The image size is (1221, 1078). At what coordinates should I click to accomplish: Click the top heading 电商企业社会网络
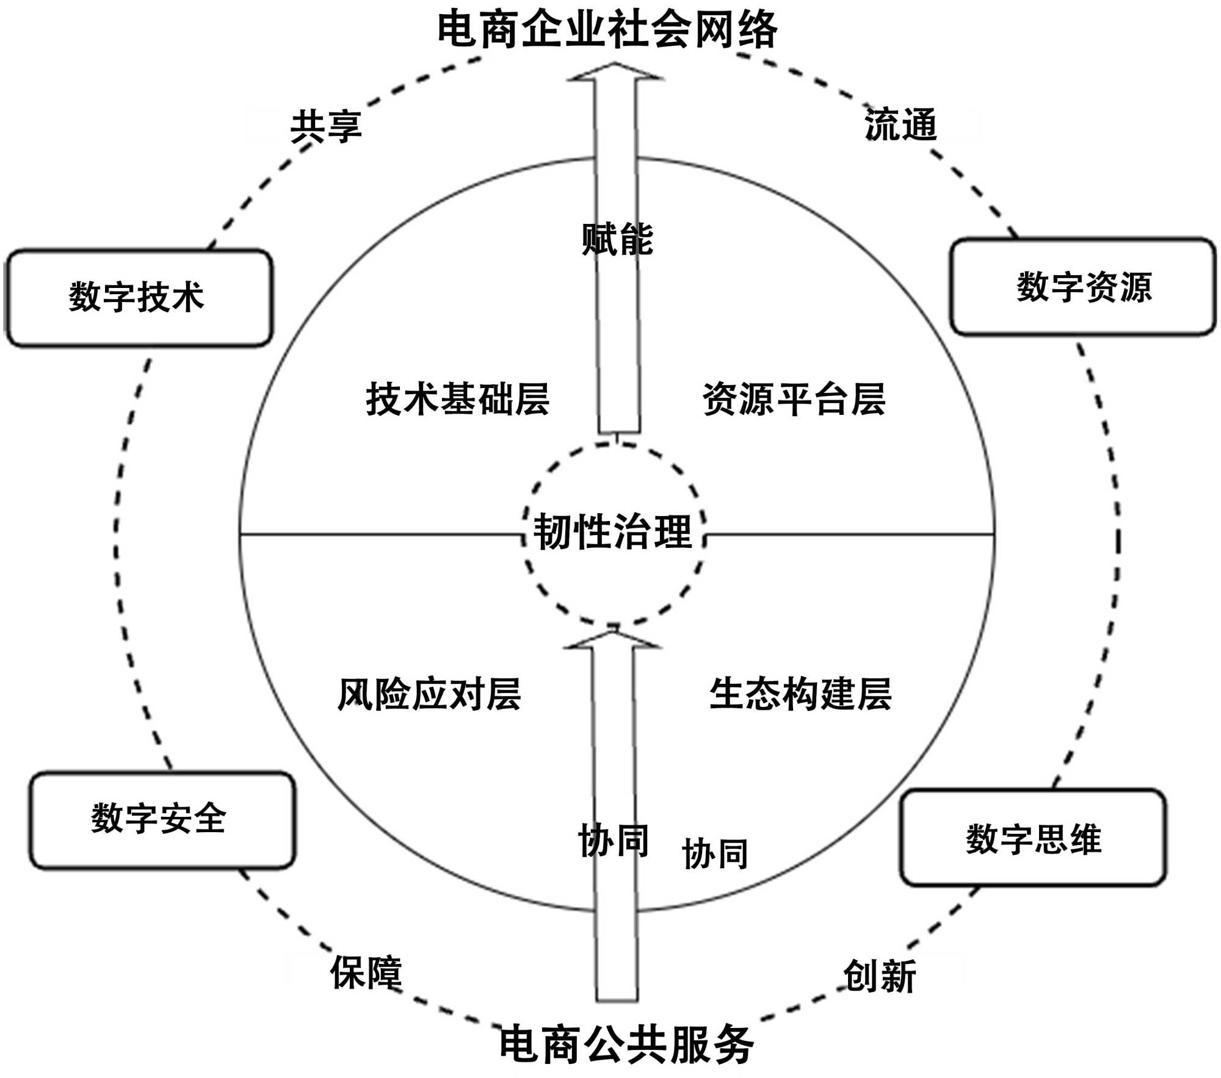point(607,29)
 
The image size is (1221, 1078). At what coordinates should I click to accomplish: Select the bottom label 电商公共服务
point(626,1044)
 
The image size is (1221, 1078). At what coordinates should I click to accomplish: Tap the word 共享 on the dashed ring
point(326,126)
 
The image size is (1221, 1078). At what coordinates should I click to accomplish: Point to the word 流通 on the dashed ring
point(900,124)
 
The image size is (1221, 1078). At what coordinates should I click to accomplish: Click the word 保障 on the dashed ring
point(366,972)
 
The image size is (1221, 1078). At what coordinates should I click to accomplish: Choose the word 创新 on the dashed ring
point(880,976)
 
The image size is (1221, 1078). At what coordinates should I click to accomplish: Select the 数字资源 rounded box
point(1083,287)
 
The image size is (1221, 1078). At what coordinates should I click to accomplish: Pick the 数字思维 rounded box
point(1033,839)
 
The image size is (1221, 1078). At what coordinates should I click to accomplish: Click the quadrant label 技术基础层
point(457,400)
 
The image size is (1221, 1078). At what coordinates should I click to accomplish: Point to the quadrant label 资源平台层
point(794,400)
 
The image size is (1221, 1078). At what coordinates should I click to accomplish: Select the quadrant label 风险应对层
point(429,694)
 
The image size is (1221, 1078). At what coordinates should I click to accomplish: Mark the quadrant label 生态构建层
point(800,694)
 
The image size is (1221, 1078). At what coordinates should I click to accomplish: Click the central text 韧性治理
point(613,531)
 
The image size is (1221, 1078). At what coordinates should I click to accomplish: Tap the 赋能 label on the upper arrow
point(617,239)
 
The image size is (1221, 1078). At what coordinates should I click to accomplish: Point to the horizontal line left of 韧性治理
point(379,535)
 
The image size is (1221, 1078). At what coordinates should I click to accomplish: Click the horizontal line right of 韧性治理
point(849,535)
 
